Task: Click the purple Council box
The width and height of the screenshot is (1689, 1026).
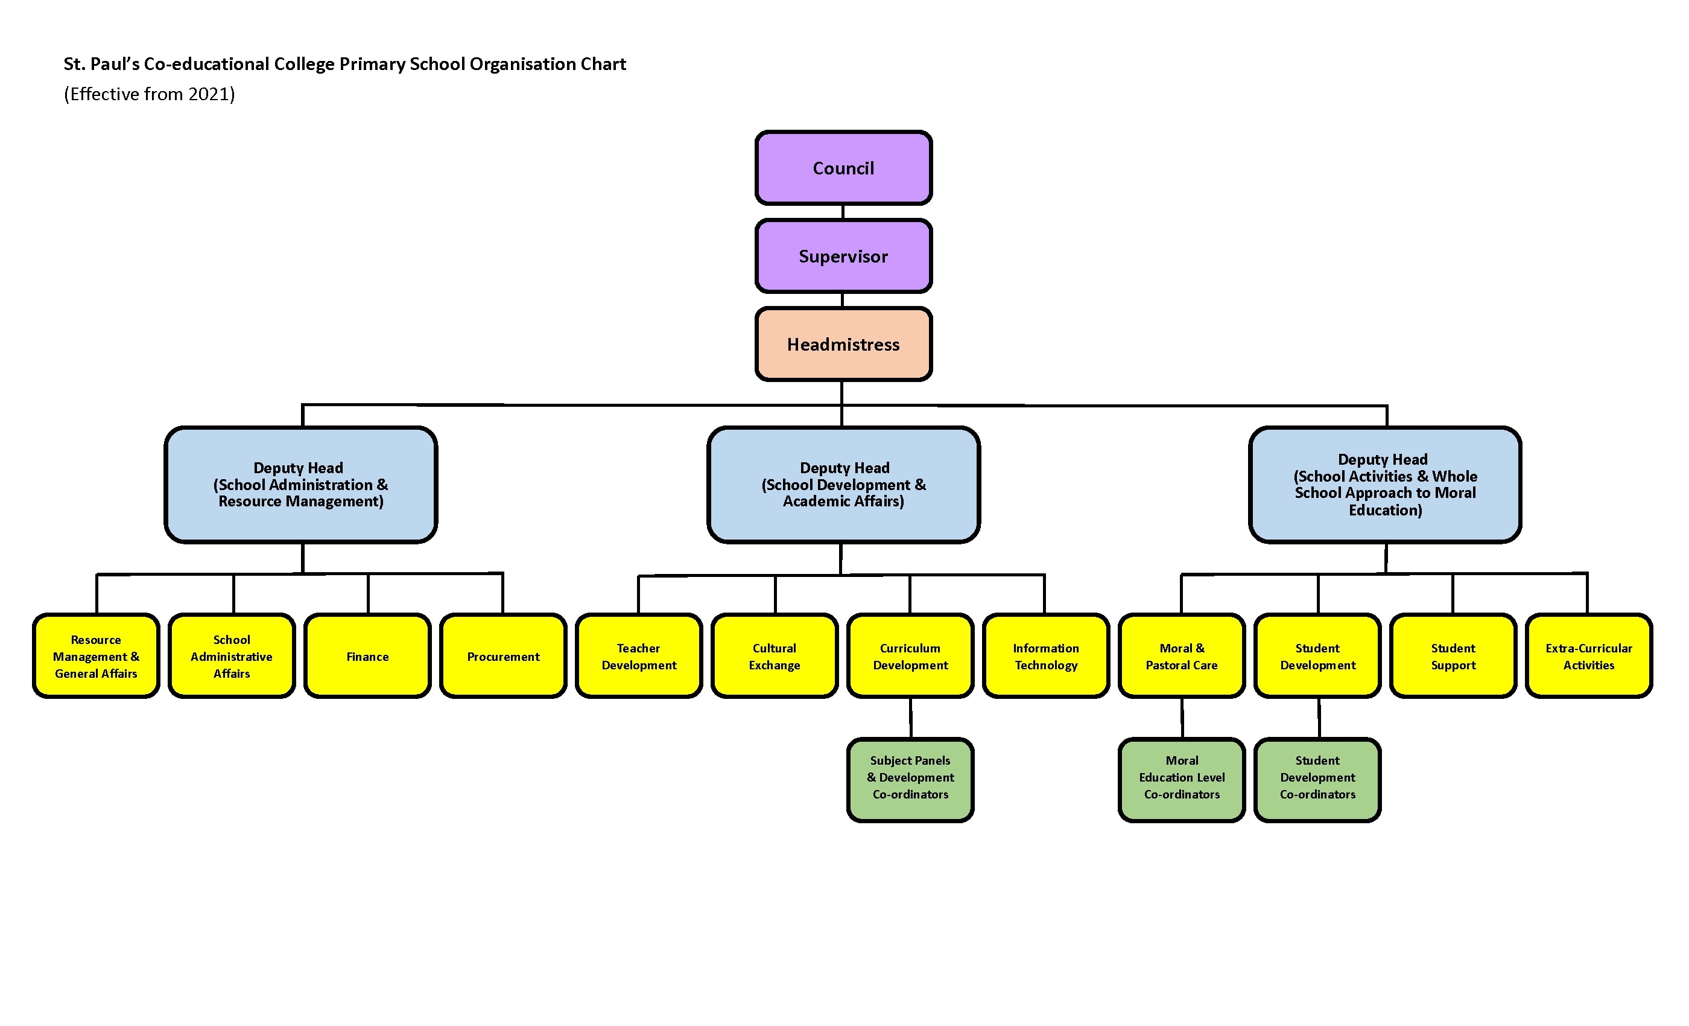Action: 843,168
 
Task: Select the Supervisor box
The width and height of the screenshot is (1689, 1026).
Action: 843,256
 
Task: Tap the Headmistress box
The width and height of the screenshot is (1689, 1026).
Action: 843,343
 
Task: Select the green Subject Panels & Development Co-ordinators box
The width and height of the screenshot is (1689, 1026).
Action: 910,780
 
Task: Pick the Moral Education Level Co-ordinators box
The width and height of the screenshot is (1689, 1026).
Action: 1182,780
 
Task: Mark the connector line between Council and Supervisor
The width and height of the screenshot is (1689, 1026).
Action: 843,212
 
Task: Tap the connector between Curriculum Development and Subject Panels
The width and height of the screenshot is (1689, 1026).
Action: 910,718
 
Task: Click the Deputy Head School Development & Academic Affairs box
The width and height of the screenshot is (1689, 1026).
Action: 843,484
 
